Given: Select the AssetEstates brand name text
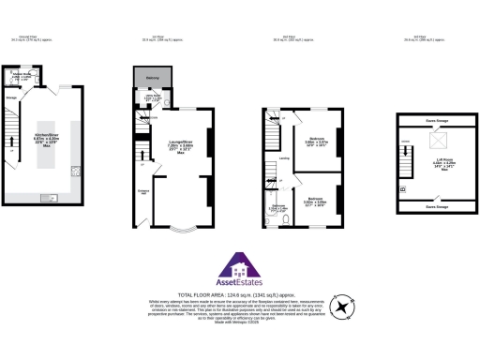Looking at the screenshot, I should click(239, 281).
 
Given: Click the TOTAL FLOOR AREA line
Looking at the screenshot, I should click(239, 292).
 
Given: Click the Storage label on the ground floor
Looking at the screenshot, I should click(13, 95).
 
